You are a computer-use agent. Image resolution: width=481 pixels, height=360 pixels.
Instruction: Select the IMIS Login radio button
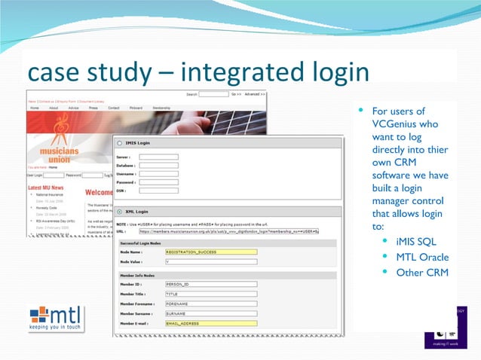[x=119, y=142]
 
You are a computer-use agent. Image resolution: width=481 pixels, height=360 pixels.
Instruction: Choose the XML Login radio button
[x=119, y=212]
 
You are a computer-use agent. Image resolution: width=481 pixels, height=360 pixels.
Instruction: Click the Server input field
[x=158, y=157]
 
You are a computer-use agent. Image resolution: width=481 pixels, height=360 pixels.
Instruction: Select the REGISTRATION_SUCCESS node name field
[x=210, y=252]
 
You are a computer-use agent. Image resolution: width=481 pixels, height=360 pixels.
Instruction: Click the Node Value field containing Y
[x=210, y=262]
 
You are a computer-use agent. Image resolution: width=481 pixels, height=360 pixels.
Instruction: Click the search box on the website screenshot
[x=213, y=95]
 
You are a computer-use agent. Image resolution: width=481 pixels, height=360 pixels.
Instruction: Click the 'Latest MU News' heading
[x=49, y=187]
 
